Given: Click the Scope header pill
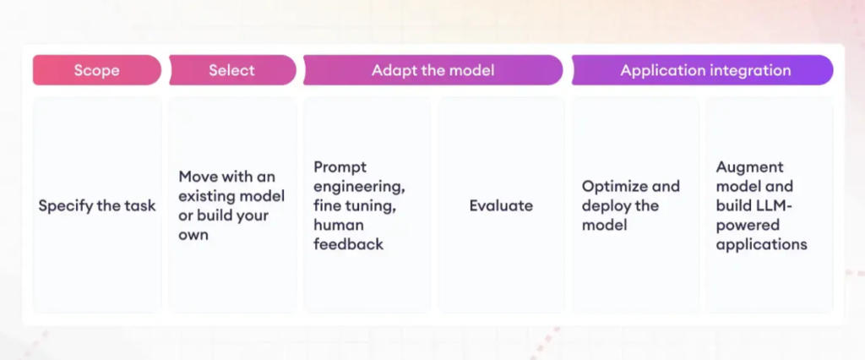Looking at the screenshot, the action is tap(97, 70).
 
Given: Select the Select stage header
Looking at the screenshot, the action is tap(232, 70).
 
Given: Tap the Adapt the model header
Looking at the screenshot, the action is tap(433, 70).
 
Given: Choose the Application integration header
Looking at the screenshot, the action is tap(702, 70).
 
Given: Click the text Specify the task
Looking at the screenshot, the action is tap(97, 206).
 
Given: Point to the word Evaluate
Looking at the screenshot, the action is tap(501, 205).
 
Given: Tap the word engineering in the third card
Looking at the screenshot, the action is tap(359, 187).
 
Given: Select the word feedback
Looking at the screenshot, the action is tap(348, 244).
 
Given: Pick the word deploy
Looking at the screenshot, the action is tap(603, 206).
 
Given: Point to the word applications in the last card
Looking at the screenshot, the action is tap(761, 244).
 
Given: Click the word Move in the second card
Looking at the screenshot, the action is tap(199, 177).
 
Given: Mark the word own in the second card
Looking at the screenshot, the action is tap(193, 236).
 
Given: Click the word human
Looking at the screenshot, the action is tap(338, 225).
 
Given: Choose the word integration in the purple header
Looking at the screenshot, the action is tap(750, 71).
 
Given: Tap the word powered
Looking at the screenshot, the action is tap(748, 226).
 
